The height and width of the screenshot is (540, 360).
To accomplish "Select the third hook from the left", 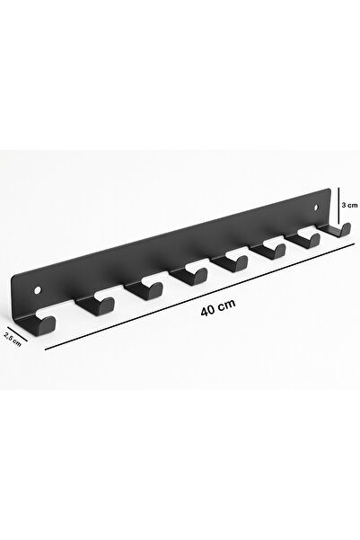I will pos(142,292).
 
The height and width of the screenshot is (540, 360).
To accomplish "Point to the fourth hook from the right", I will pos(235,264).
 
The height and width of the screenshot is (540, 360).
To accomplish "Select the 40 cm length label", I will pos(218,306).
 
